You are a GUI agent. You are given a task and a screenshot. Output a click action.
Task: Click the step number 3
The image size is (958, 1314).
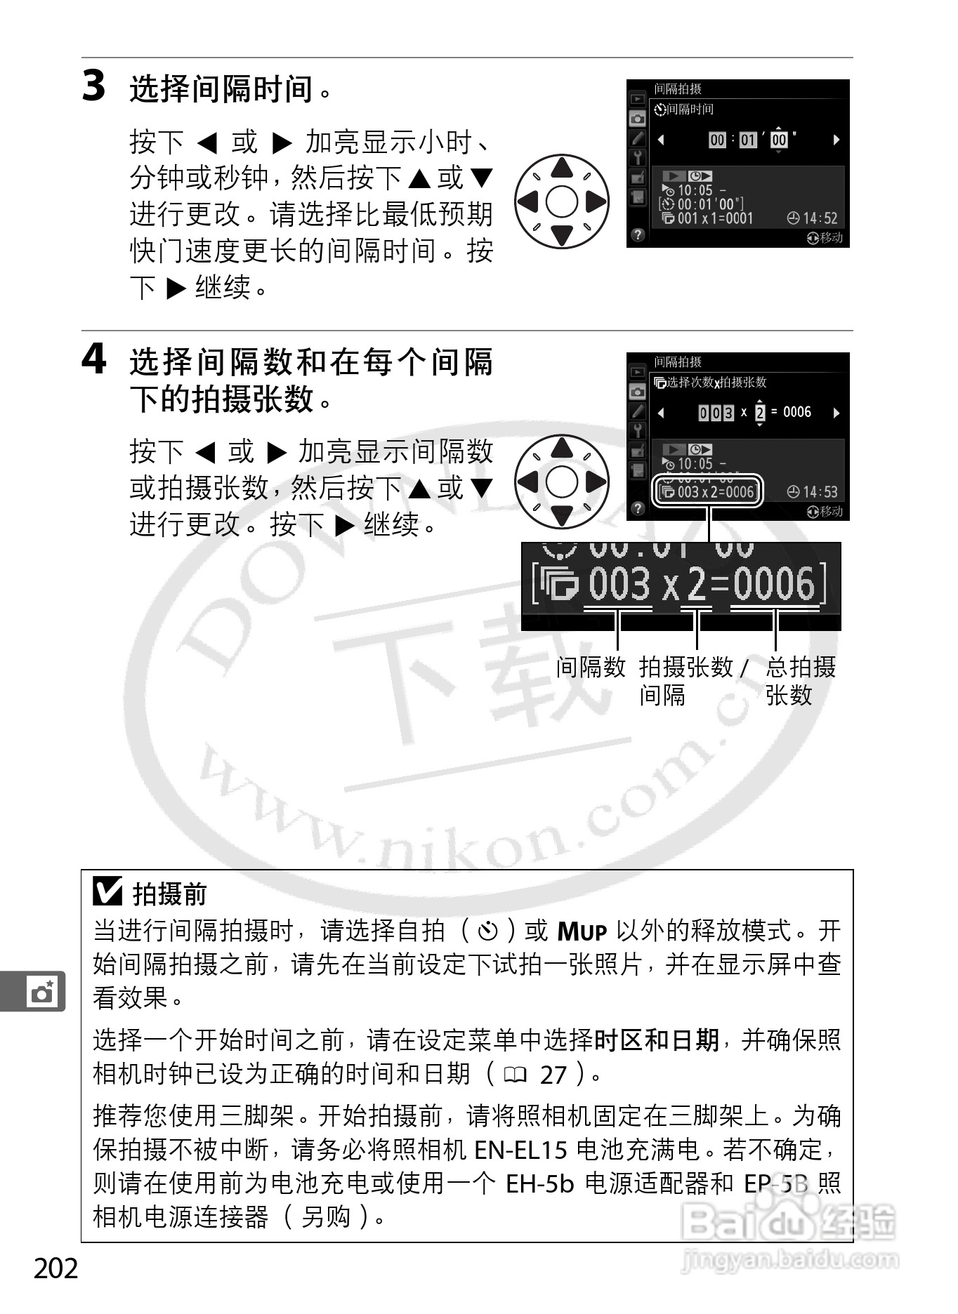tap(94, 86)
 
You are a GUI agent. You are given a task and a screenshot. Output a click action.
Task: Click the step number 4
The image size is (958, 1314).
tap(94, 359)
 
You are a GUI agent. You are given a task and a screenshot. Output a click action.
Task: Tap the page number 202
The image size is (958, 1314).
tap(56, 1268)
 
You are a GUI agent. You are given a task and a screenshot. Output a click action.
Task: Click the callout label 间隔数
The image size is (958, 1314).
tap(590, 667)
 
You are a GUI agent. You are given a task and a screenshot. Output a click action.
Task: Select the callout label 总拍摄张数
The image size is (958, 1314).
tap(799, 680)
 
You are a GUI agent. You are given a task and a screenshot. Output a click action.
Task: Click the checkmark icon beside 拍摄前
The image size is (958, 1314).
tap(107, 891)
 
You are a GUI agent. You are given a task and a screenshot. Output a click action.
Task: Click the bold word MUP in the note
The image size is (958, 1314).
tap(582, 932)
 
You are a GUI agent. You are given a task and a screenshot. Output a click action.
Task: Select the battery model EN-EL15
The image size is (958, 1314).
tap(520, 1150)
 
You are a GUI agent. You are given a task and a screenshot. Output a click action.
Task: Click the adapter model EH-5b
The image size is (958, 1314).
tap(539, 1183)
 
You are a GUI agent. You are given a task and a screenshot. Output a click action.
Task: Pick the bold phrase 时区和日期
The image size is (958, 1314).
tap(656, 1040)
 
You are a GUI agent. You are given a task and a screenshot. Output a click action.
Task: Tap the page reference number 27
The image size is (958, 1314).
tap(553, 1075)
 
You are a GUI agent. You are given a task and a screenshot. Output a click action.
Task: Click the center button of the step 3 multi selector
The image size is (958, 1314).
tap(561, 201)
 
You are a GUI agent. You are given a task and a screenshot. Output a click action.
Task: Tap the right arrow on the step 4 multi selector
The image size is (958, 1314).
tap(596, 482)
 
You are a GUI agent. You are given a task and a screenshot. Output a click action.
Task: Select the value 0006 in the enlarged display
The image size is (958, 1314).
tap(773, 584)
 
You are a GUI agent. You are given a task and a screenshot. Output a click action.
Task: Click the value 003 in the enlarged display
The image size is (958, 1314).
tap(619, 584)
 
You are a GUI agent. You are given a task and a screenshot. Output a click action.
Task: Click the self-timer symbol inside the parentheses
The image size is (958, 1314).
tap(487, 931)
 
